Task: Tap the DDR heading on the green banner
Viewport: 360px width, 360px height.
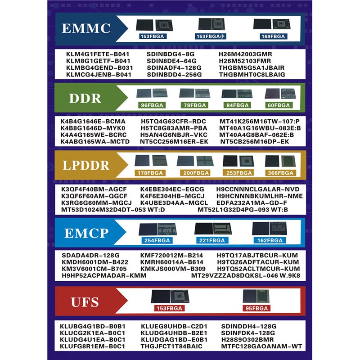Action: (x=87, y=98)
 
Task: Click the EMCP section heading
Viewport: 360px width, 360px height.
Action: (x=86, y=233)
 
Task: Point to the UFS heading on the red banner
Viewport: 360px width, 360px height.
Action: (x=85, y=301)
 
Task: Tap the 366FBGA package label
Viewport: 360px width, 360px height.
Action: (x=280, y=173)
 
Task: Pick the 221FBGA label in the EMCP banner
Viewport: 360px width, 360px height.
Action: (x=212, y=241)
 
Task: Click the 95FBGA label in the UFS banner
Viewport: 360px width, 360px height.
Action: (x=256, y=308)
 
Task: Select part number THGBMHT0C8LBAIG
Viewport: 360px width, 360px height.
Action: (x=252, y=75)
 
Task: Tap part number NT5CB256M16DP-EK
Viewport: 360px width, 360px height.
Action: (x=254, y=142)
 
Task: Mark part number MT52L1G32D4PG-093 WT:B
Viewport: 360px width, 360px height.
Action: (x=243, y=210)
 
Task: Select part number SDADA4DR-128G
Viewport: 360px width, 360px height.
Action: (x=90, y=255)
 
